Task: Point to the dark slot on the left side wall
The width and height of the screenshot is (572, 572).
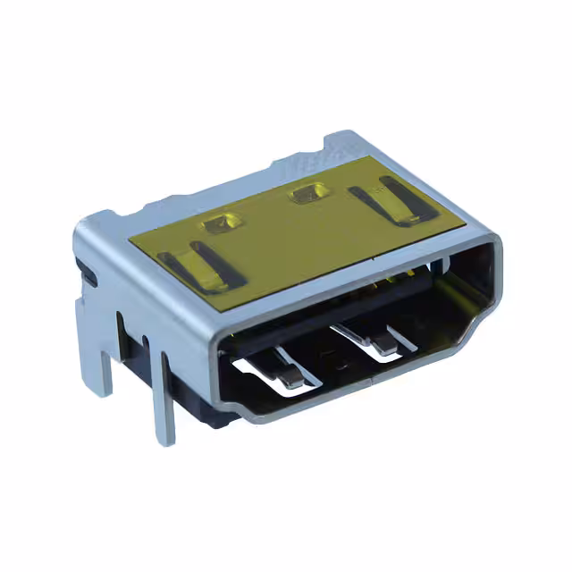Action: coord(87,273)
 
